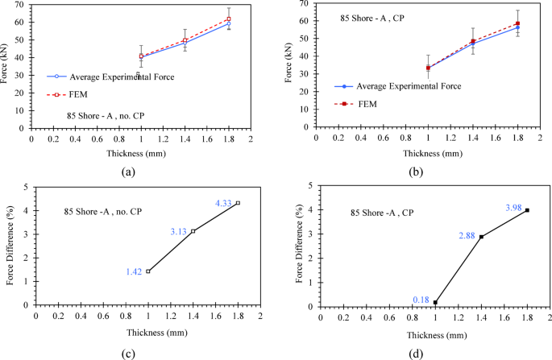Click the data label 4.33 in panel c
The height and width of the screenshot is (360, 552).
click(x=223, y=204)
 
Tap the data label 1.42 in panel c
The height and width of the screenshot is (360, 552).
click(x=134, y=271)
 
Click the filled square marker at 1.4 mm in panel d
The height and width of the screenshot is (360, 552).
click(x=481, y=237)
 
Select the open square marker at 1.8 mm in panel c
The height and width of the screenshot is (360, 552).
click(x=238, y=203)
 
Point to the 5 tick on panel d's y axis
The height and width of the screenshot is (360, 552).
click(x=309, y=186)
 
